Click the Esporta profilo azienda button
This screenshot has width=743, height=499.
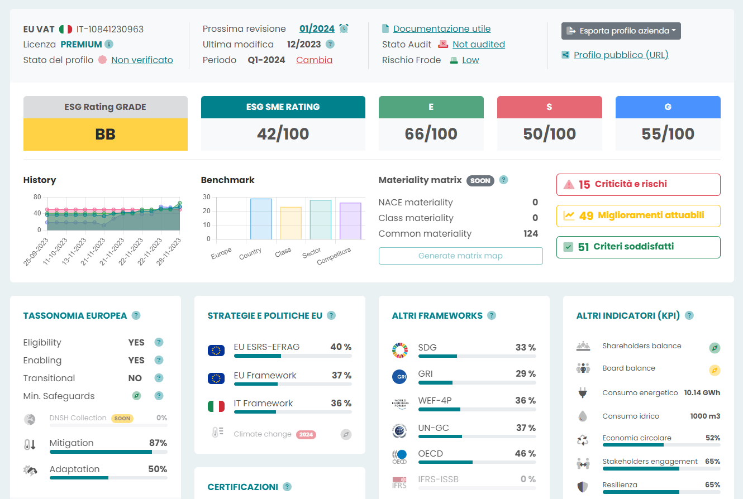(621, 31)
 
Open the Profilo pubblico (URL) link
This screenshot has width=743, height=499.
(621, 55)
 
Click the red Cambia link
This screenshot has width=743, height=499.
(314, 60)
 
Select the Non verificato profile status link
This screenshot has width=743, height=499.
(142, 60)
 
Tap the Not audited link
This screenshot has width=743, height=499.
(478, 44)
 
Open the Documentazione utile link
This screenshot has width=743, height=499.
(441, 28)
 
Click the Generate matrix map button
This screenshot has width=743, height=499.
(460, 256)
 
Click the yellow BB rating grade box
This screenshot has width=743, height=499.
(105, 134)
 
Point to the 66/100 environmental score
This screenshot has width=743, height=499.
(431, 134)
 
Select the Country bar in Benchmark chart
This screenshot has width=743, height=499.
(261, 219)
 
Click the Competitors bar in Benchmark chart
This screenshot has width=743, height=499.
(350, 221)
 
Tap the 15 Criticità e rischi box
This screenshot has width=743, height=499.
(638, 184)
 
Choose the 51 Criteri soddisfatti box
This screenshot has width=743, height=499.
(638, 247)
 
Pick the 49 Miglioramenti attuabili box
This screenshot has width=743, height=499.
(638, 215)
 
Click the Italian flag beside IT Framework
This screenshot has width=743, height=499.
(216, 406)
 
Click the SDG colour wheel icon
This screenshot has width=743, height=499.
(399, 350)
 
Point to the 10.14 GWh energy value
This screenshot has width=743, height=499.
(702, 392)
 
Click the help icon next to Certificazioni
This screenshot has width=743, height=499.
(287, 487)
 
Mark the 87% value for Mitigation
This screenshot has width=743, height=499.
(158, 443)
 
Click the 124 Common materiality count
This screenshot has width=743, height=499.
(531, 233)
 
